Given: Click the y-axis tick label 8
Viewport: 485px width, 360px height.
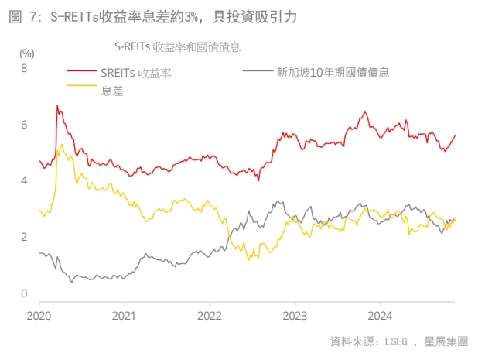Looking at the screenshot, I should [24, 68].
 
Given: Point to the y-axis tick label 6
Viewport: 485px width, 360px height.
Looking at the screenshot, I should [24, 125].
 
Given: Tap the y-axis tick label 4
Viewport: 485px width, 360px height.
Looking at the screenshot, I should [24, 180].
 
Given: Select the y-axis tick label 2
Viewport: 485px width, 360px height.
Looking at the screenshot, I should [24, 237].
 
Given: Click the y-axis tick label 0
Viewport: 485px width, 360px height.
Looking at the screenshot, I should [24, 293].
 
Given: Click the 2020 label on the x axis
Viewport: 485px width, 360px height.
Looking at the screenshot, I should [39, 316].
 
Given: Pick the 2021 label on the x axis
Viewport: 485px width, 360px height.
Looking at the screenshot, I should [125, 316].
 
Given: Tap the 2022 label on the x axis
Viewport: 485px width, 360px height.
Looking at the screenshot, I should [210, 316].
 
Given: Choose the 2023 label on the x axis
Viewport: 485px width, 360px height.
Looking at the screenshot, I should [295, 316].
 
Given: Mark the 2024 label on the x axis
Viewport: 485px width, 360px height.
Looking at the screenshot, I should [380, 316].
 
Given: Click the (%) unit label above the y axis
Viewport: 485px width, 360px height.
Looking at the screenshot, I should [27, 53].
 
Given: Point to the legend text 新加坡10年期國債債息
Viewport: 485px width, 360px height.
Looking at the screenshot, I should [332, 72].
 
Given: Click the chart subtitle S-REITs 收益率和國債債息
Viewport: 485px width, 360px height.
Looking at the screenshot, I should [177, 46].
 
